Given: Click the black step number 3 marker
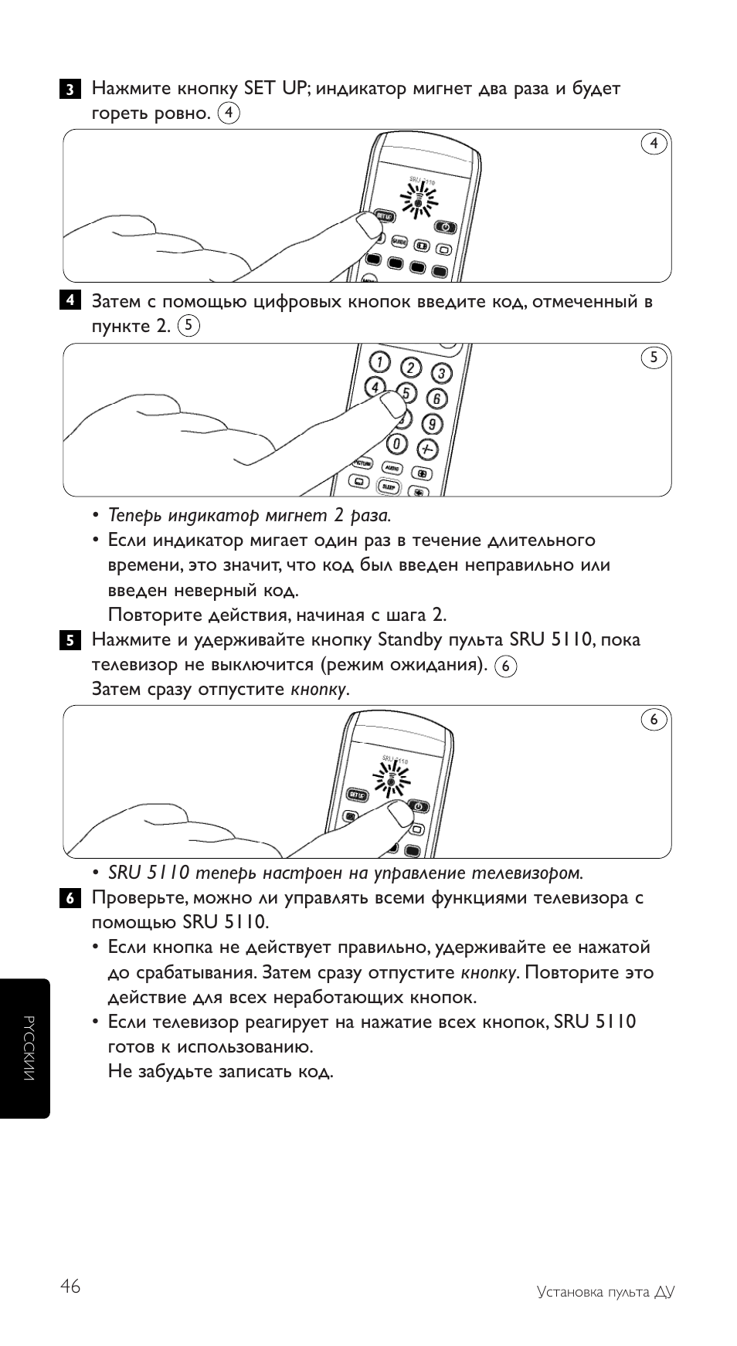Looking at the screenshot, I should [x=69, y=89].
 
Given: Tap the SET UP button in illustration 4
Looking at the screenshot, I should [x=384, y=215].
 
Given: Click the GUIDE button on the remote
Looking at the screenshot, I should [x=399, y=242].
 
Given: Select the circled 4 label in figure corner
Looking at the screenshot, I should [x=654, y=144].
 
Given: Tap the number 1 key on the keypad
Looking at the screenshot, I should [x=379, y=361].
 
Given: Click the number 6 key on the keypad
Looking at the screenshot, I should [x=436, y=399].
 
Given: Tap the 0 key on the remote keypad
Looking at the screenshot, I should [x=397, y=444].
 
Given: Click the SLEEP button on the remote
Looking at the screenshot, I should [x=388, y=487].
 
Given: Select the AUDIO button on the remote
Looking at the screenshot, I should [x=392, y=468].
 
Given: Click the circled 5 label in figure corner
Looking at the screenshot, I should [x=654, y=358].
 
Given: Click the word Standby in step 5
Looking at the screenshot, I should [x=410, y=640].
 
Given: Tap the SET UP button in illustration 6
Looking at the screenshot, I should [x=357, y=795].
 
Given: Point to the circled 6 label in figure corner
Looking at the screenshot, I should [x=654, y=720].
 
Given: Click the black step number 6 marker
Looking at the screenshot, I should [x=69, y=898].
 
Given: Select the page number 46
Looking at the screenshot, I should [x=70, y=1287].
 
